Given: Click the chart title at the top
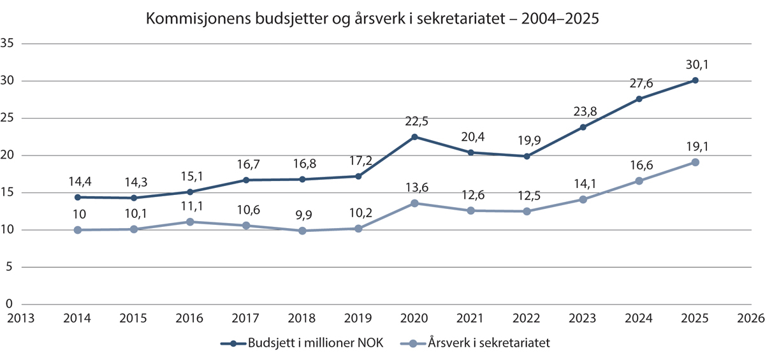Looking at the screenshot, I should pos(373,18).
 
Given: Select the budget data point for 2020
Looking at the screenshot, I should pos(414,136).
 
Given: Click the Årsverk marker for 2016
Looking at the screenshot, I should pos(190,222).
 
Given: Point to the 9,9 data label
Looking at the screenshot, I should pos(302,214).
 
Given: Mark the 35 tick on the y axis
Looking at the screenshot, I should pos(8,44).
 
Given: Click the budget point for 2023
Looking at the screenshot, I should pos(583,127).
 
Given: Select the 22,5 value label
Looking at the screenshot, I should pos(414,120).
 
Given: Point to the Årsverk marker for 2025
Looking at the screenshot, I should pos(695,162).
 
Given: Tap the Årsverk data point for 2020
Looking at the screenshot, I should pos(414,203).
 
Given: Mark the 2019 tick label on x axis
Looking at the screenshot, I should pos(358,317).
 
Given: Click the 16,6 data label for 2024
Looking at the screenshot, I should pos(639,164).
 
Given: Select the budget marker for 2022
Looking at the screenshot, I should pos(527,156).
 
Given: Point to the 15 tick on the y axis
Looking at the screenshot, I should pos(8,192).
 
